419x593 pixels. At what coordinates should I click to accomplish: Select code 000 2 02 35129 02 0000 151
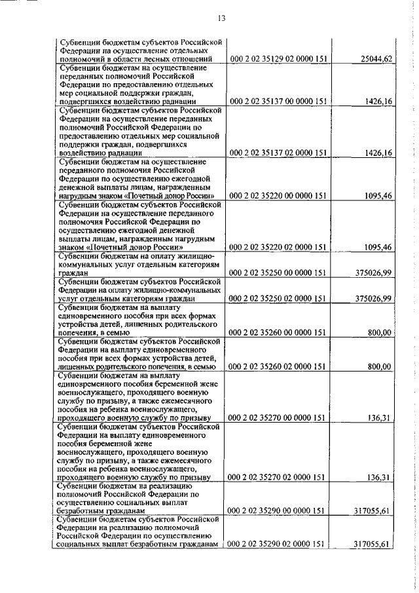pyautogui.click(x=278, y=60)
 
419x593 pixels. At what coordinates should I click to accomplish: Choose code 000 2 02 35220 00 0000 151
pyautogui.click(x=278, y=195)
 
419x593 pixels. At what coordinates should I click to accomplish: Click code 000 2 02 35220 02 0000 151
pyautogui.click(x=278, y=247)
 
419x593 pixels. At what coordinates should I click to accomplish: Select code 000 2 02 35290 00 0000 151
pyautogui.click(x=278, y=528)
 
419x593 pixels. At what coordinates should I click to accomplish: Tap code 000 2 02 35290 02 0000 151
pyautogui.click(x=278, y=562)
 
